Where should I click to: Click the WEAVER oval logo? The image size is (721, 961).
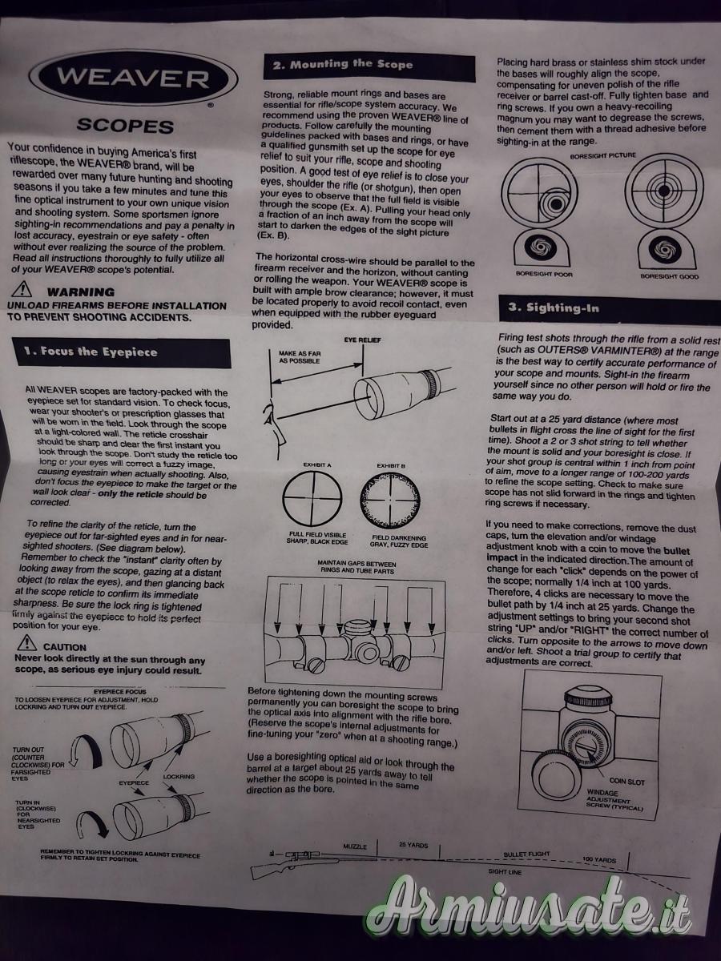pyautogui.click(x=133, y=78)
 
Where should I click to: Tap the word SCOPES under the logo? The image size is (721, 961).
pyautogui.click(x=125, y=127)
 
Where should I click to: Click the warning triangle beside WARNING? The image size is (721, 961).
pyautogui.click(x=22, y=289)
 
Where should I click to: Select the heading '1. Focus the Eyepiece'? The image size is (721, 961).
pyautogui.click(x=121, y=352)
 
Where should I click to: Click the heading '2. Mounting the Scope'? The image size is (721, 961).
pyautogui.click(x=369, y=66)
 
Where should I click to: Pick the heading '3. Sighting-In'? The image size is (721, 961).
pyautogui.click(x=610, y=308)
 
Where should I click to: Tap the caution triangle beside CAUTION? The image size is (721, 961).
pyautogui.click(x=26, y=643)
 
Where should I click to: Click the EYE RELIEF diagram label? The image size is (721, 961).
pyautogui.click(x=362, y=340)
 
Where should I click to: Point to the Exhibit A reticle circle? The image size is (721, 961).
pyautogui.click(x=312, y=498)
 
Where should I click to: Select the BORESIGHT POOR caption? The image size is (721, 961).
pyautogui.click(x=544, y=274)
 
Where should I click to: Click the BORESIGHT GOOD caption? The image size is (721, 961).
pyautogui.click(x=670, y=277)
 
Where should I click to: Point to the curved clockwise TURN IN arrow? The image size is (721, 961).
pyautogui.click(x=92, y=826)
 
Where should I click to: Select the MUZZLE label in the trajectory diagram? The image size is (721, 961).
pyautogui.click(x=355, y=846)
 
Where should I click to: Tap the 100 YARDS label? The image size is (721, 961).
pyautogui.click(x=599, y=859)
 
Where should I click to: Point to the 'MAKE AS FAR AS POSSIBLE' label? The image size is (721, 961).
pyautogui.click(x=300, y=357)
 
